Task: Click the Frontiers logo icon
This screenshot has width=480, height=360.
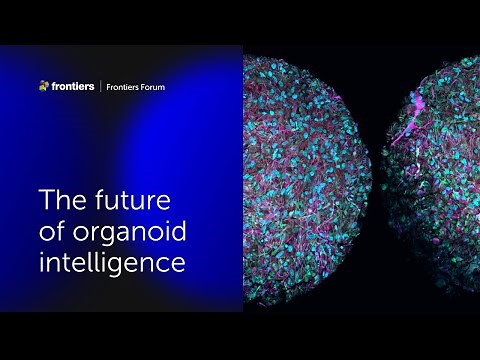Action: coord(43,86)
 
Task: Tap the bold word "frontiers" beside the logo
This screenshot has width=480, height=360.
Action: coord(72,86)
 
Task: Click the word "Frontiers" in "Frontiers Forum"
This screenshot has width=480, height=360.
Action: coord(124,87)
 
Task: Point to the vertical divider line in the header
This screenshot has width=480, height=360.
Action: coord(102,86)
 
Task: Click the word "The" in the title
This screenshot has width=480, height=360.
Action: coord(58,199)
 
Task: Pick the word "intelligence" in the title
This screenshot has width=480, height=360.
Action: coord(112,265)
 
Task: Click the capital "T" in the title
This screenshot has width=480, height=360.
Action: coord(45,199)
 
